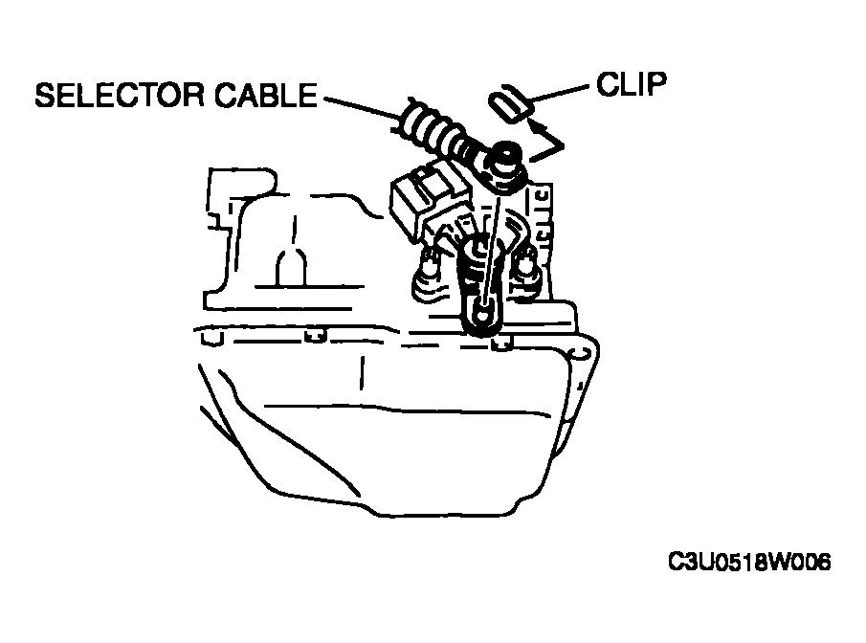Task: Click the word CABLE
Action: [x=266, y=95]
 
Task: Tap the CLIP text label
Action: [x=632, y=84]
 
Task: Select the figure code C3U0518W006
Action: [x=749, y=563]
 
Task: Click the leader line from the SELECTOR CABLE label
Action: [x=361, y=108]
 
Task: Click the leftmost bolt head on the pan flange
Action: [x=212, y=338]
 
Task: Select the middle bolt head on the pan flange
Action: [x=316, y=337]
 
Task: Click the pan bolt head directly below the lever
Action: [x=501, y=344]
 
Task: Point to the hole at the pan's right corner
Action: [x=579, y=352]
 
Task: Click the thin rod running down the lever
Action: [x=492, y=250]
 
